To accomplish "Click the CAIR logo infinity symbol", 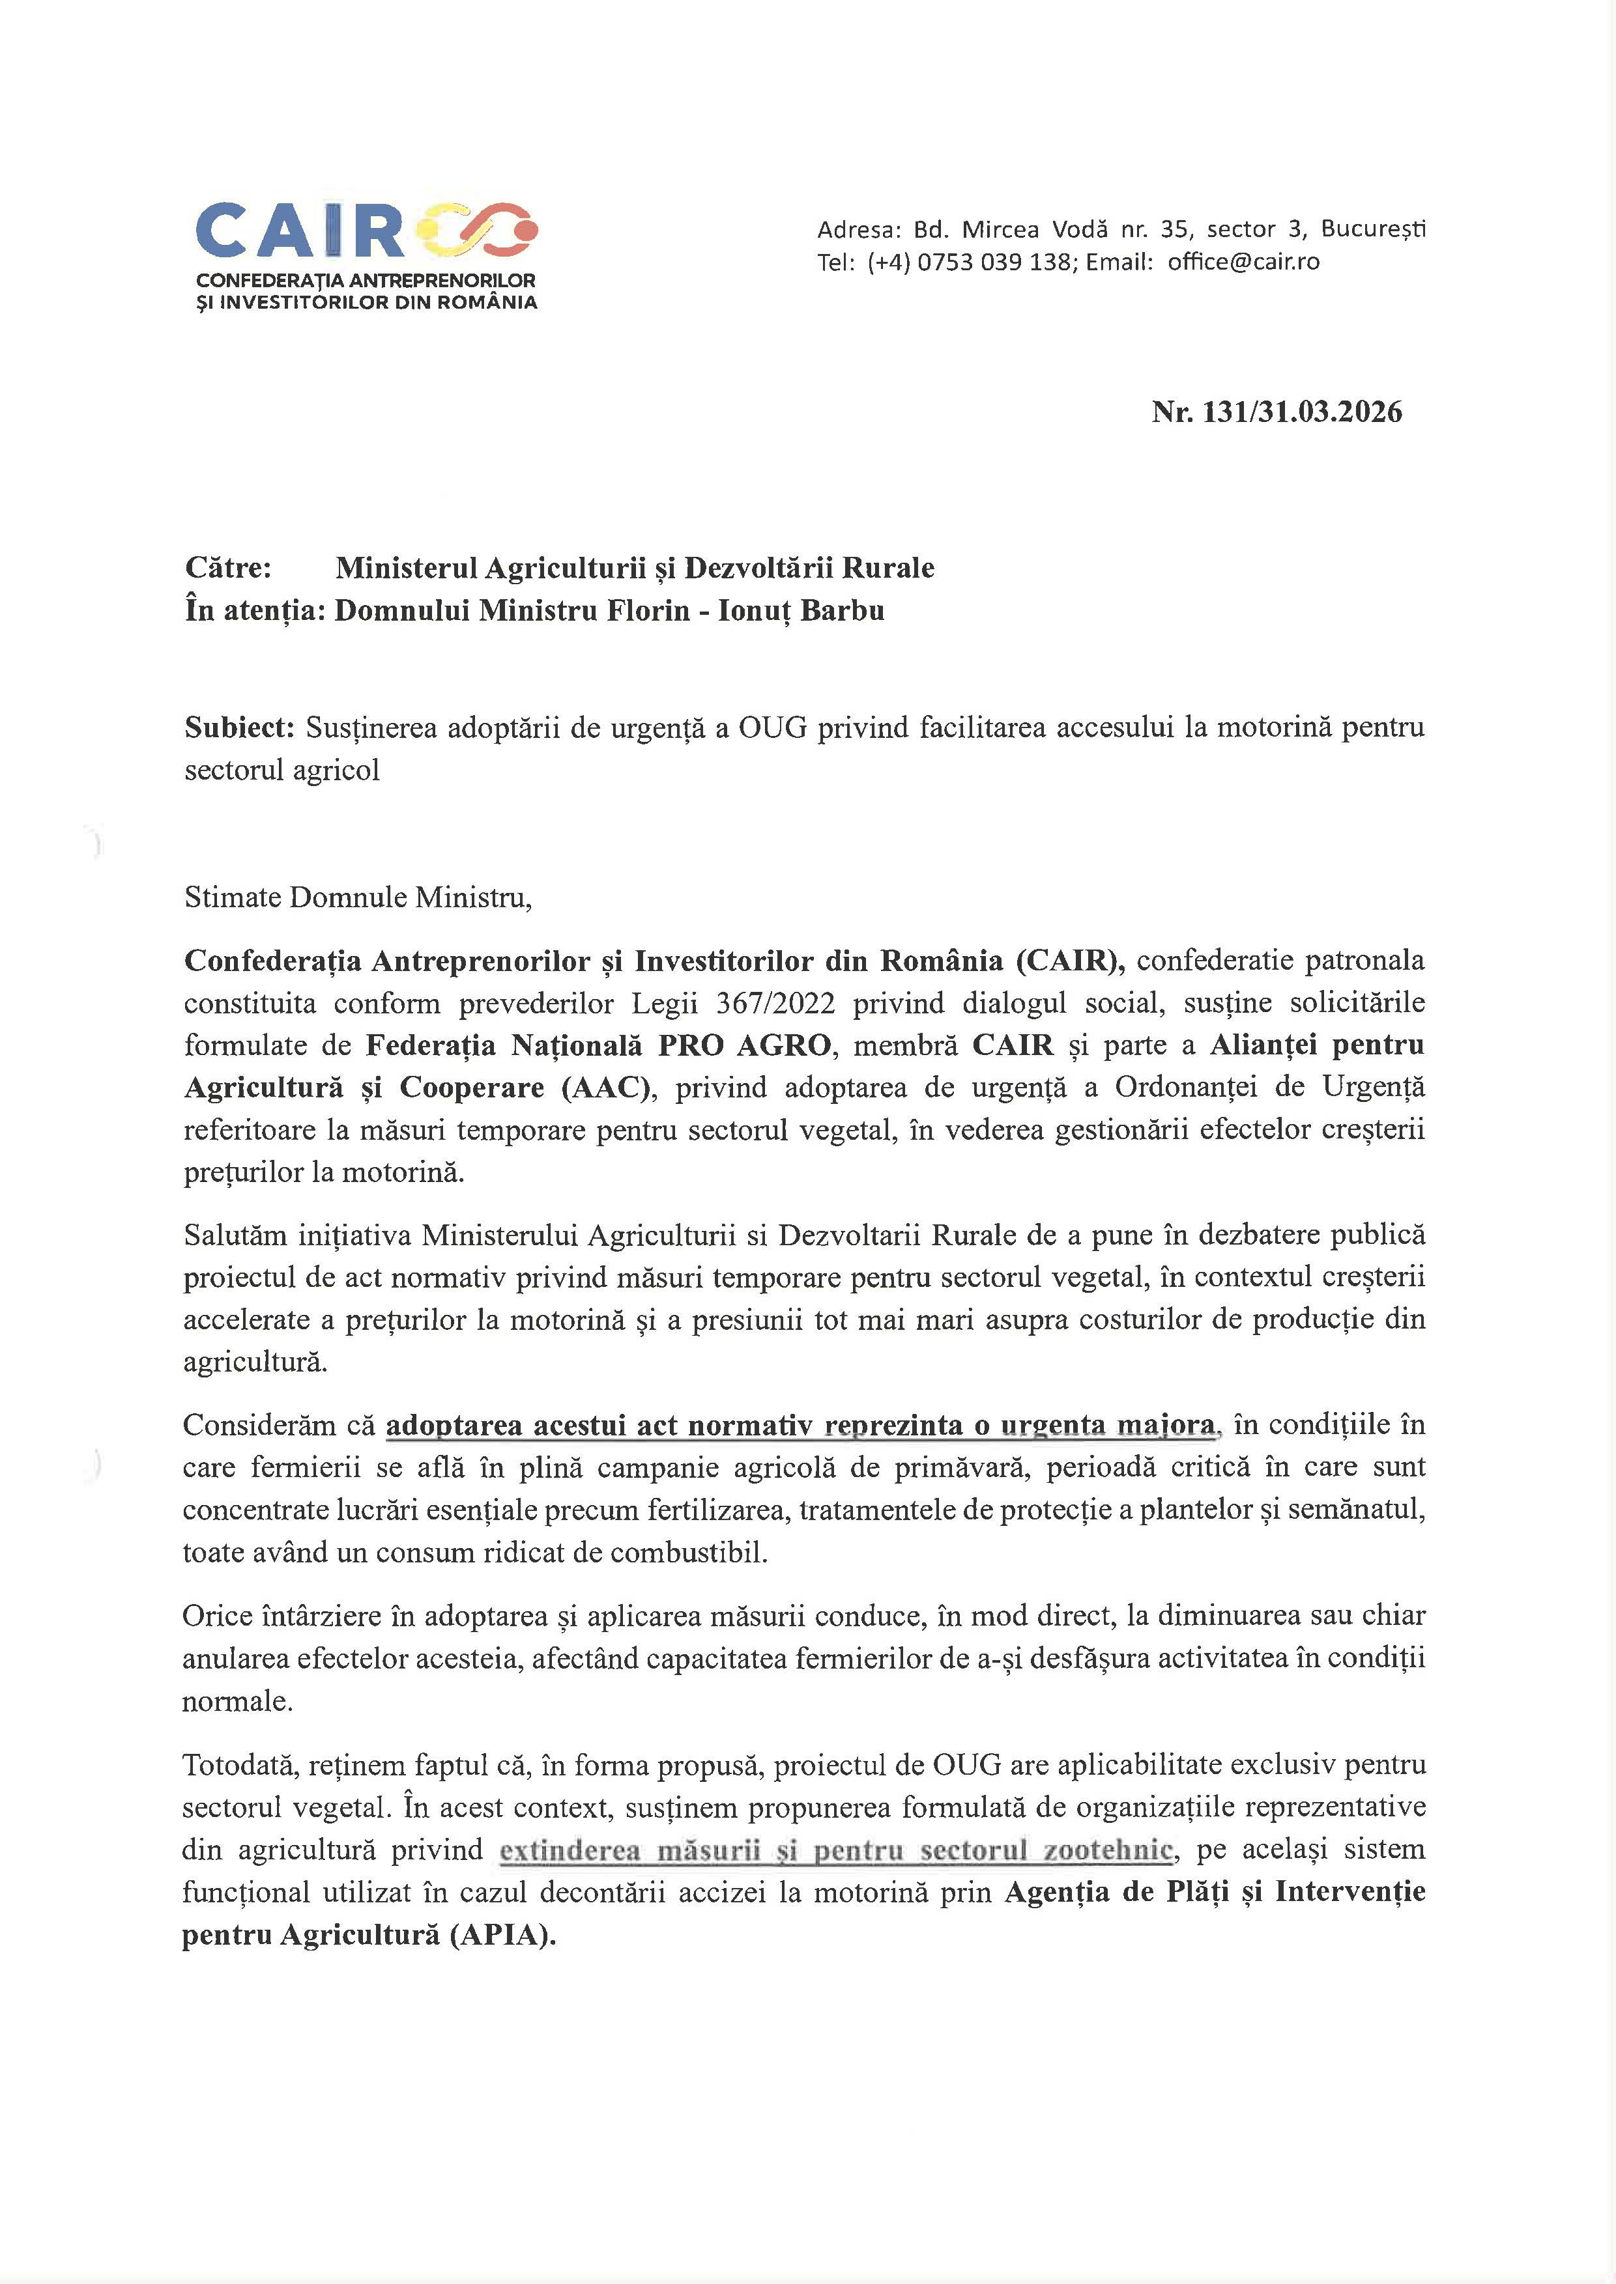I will (x=479, y=231).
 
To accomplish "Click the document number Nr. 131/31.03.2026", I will (x=1277, y=412).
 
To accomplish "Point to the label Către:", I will (x=228, y=568).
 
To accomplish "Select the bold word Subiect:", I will (x=240, y=727).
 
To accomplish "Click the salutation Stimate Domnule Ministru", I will (x=358, y=897).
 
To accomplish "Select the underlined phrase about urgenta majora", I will (x=800, y=1426).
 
